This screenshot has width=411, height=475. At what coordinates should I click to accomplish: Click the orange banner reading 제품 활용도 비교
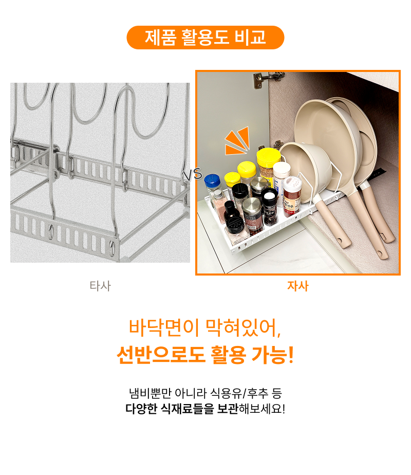click(205, 38)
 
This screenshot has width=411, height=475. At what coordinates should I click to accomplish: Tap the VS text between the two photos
click(193, 175)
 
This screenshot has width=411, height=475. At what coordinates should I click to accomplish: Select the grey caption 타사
click(100, 286)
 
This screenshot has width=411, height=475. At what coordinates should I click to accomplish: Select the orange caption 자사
click(298, 286)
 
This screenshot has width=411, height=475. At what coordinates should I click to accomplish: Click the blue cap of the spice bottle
click(212, 181)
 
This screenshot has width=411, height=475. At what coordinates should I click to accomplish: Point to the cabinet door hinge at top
click(268, 78)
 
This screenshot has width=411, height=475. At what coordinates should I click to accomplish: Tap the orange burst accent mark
click(237, 141)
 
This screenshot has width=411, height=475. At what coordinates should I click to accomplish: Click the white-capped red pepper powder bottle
click(292, 195)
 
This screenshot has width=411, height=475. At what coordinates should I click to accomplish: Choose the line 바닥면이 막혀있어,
click(205, 328)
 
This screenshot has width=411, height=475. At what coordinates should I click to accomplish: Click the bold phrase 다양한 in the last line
click(141, 409)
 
